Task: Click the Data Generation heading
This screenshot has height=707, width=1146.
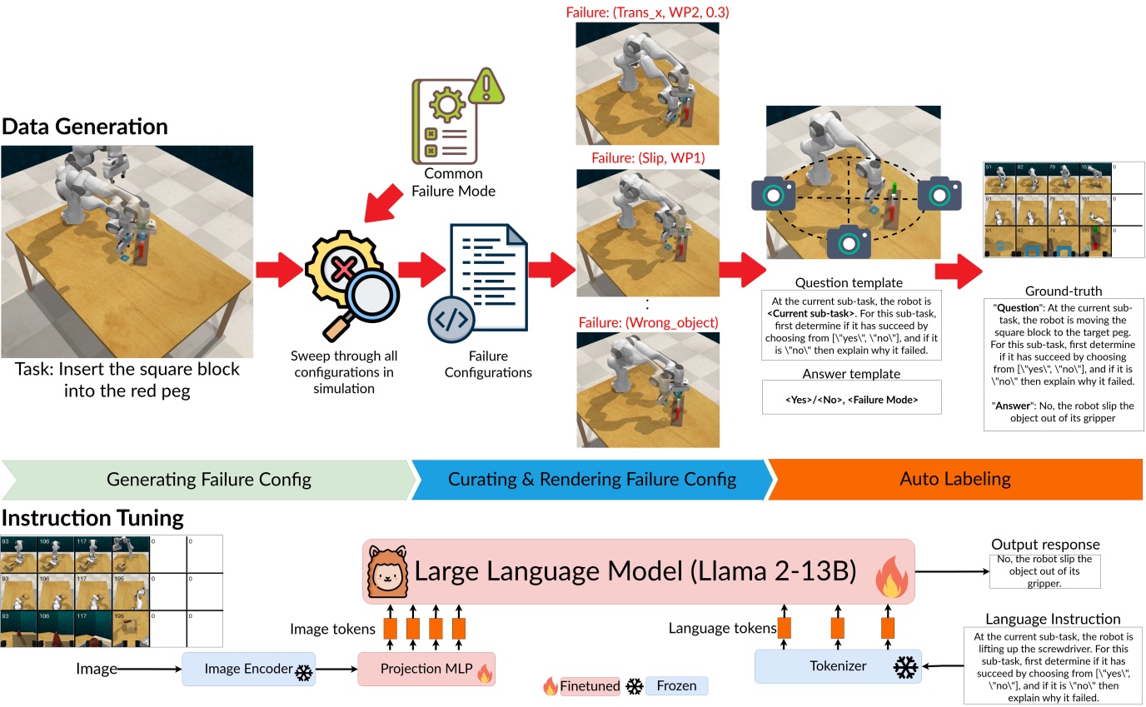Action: coord(85,127)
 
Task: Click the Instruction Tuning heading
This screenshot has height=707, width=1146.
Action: coord(92,517)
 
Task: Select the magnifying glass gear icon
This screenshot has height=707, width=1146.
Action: coord(351,276)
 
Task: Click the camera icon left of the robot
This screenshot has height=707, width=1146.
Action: coord(772,193)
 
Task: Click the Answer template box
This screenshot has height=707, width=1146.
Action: coord(851,399)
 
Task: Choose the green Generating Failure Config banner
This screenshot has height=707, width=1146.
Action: coord(208,479)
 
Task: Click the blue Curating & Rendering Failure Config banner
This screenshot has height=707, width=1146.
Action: coord(591,479)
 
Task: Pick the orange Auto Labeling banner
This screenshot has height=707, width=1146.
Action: coord(955,479)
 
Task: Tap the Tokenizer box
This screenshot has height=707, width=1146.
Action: coord(837,666)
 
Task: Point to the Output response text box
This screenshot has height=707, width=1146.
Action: coord(1044,571)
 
